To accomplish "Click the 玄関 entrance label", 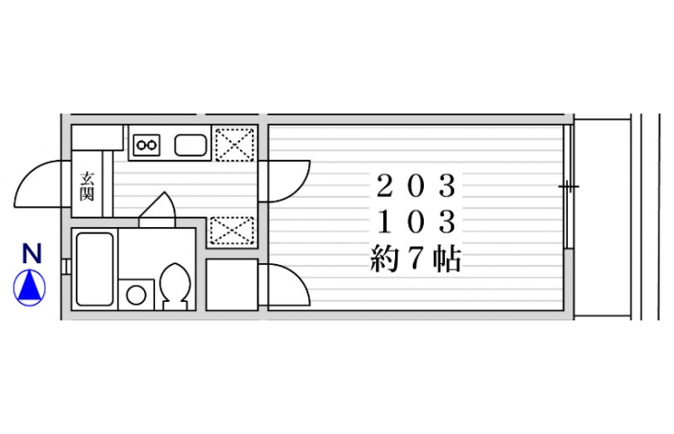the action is coord(87,186).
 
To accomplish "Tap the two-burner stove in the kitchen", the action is coord(147,145).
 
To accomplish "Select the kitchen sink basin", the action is coord(190,145).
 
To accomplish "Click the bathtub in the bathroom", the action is coord(95,269).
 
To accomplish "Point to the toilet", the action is coord(175,285).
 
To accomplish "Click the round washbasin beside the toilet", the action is coord(136,295).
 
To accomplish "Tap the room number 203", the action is coord(415,186).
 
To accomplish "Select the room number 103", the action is coord(415,222).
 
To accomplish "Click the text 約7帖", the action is coord(415,259).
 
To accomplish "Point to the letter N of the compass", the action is coord(31,253).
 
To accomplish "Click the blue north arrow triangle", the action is coord(30,287).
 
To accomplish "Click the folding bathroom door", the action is coord(157,210).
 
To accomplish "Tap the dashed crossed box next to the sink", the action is coord(235,145).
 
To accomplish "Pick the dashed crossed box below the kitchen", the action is coord(232,231).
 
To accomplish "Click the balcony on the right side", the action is coord(603,217).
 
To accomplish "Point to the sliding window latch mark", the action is coord(569,187).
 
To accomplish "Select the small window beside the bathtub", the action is coord(66,267).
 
